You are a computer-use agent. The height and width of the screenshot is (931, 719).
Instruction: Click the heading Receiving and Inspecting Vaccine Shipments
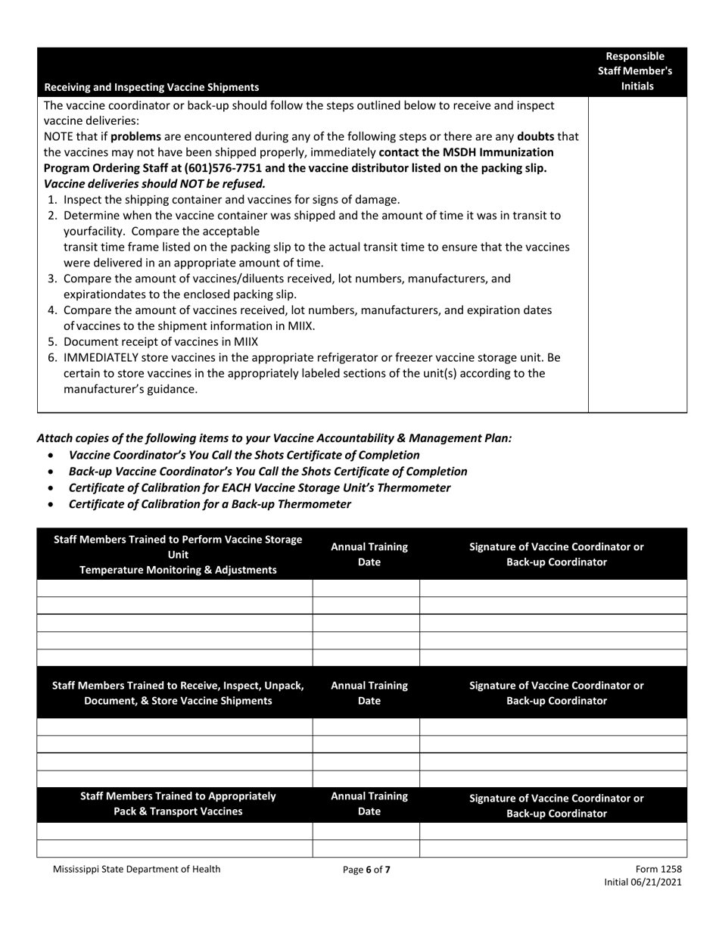coord(151,87)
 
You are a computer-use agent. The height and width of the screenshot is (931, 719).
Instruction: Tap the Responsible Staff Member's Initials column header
coord(637,71)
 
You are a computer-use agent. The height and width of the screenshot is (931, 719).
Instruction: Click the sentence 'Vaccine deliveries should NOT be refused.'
coord(155,184)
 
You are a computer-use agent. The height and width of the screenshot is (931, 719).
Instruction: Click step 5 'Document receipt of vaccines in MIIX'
coord(160,341)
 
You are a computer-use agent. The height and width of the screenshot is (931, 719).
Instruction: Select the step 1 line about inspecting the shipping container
coord(231,200)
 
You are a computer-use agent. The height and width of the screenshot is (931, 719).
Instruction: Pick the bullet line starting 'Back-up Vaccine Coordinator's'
coord(267,472)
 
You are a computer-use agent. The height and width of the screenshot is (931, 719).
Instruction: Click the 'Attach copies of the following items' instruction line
coord(274,438)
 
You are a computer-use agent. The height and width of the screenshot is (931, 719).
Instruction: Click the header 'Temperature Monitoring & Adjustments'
coord(178,570)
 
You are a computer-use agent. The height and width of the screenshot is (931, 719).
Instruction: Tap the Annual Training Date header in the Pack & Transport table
coord(369,804)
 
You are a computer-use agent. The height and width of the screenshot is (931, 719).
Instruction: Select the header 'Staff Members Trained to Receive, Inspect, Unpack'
coord(178,686)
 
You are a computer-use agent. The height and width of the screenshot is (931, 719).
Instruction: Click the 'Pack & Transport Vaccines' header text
coord(178,811)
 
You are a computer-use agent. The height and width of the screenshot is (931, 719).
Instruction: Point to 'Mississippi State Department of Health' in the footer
coord(137,869)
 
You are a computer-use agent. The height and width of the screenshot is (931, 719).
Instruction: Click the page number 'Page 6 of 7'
coord(366,870)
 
